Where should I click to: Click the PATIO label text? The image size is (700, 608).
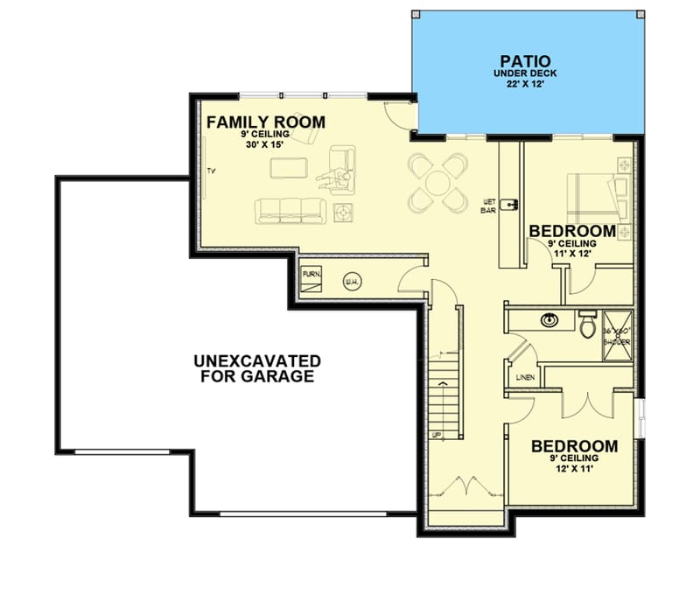(524, 61)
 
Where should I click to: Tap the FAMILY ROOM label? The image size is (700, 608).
(265, 122)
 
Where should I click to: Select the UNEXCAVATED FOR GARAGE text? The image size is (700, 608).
(256, 368)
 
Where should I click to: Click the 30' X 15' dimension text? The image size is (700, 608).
(267, 145)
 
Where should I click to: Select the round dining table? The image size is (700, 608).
(436, 183)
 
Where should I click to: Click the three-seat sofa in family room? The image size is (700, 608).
(290, 209)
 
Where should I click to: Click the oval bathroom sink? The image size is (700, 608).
(549, 319)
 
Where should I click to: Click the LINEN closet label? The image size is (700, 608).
(525, 378)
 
